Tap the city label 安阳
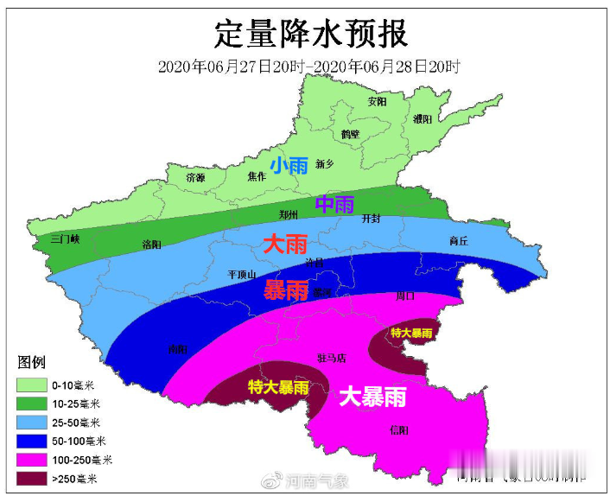(x=377, y=101)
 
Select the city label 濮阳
(x=423, y=119)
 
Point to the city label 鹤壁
(x=350, y=134)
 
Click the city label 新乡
(x=324, y=163)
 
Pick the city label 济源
(x=196, y=177)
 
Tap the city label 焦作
(x=257, y=176)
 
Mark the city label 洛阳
(x=151, y=245)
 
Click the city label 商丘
(x=459, y=241)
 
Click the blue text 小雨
(x=288, y=165)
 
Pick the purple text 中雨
(x=334, y=205)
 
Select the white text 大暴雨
(x=372, y=397)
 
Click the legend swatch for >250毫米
(x=30, y=478)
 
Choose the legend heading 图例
(x=32, y=362)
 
